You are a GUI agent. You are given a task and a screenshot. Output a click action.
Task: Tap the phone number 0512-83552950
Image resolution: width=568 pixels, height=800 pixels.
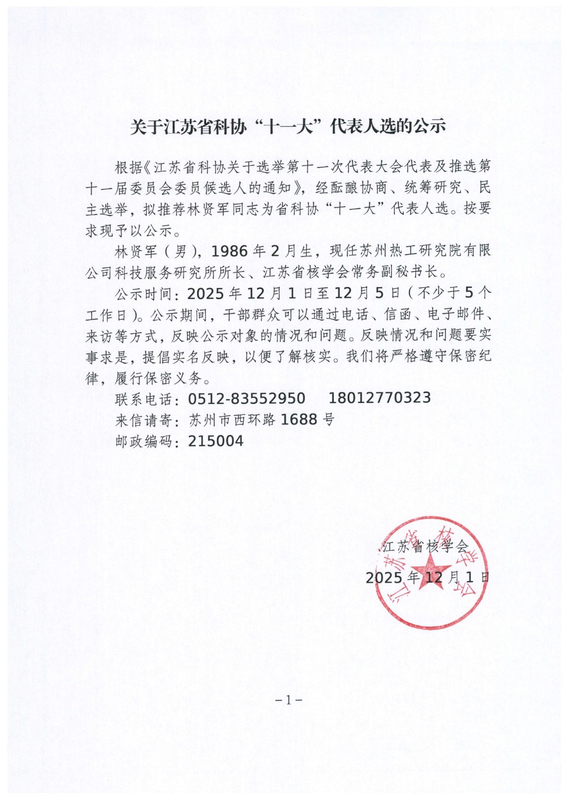click(247, 398)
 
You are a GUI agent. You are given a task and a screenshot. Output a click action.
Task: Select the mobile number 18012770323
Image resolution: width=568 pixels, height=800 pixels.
click(379, 398)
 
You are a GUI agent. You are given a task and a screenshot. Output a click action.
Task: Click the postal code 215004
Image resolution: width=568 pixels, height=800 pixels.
click(216, 441)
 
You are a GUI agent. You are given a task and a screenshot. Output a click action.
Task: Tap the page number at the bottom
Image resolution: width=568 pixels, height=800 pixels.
click(289, 700)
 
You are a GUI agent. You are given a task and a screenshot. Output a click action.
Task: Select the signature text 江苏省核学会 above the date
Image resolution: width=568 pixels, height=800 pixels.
click(425, 546)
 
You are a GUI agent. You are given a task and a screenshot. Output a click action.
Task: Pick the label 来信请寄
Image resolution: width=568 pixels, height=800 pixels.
click(144, 420)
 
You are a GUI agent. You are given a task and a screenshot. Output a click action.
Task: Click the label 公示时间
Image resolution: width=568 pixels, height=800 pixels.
click(144, 293)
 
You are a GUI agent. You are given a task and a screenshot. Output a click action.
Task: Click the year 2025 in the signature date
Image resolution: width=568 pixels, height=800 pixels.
click(384, 578)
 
